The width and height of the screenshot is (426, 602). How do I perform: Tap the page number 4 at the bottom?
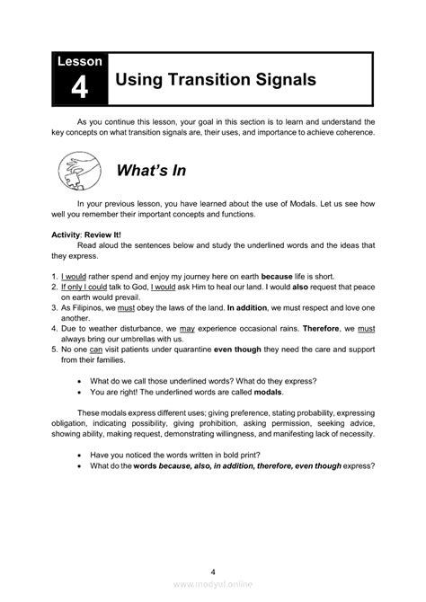[x=213, y=571]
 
